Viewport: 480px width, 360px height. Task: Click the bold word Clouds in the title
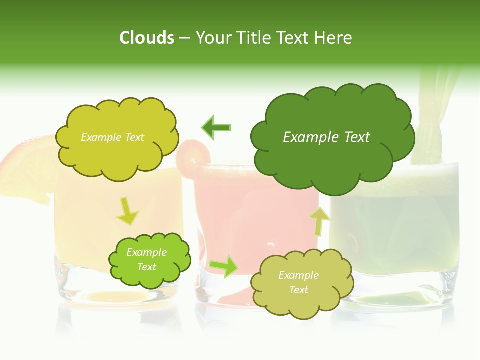(146, 38)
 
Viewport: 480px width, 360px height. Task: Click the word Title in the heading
(254, 38)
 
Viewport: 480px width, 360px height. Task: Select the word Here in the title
(334, 38)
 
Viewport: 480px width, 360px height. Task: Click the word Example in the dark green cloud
(306, 137)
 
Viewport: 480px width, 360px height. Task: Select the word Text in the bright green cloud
(147, 267)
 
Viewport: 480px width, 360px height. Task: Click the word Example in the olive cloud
(298, 275)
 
